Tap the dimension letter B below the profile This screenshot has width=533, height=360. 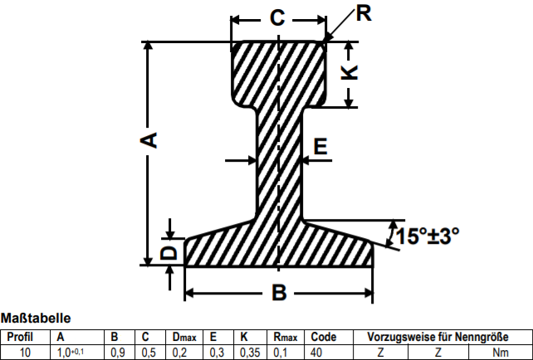tap(279, 293)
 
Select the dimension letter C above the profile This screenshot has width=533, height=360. tap(277, 17)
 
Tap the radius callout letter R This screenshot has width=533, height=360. tap(363, 12)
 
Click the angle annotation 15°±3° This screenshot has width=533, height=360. tap(427, 236)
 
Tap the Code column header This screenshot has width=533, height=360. tap(323, 337)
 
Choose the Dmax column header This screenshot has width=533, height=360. tap(183, 337)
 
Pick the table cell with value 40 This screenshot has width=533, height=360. tap(317, 352)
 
